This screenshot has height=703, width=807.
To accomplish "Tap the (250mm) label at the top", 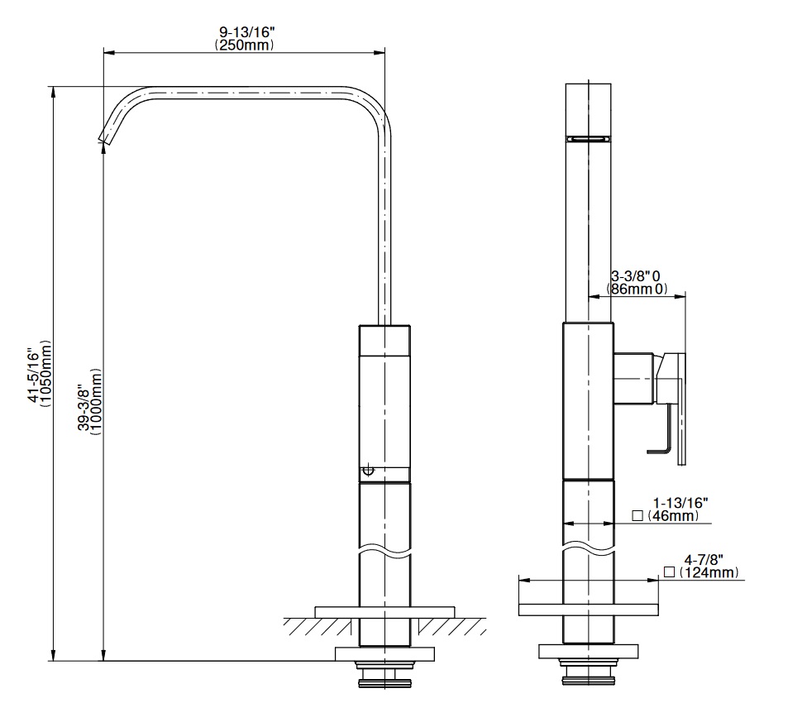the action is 245,45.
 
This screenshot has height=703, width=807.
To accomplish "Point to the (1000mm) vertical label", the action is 95,401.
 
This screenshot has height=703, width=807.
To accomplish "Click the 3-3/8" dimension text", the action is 630,276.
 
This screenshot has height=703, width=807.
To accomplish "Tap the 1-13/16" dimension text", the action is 680,503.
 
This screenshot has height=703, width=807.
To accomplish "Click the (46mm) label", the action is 673,515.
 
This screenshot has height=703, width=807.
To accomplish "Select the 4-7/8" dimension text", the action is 704,559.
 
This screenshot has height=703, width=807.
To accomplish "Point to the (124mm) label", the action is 709,572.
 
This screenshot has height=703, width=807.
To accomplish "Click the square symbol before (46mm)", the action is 637,515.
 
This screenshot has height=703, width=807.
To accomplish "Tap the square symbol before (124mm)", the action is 669,572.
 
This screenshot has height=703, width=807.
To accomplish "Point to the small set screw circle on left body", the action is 369,470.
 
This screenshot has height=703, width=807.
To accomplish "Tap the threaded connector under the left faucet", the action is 385,675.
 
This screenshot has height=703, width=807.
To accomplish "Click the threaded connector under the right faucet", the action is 588,672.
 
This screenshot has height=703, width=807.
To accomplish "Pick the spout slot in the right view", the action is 588,138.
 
